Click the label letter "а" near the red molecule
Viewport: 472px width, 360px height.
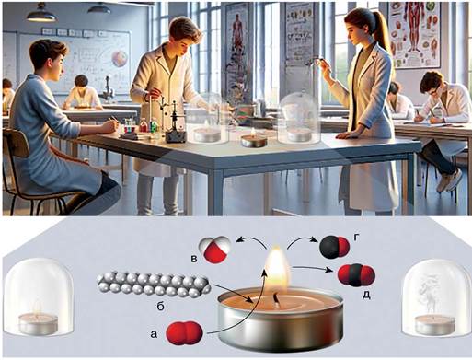coord(154,334)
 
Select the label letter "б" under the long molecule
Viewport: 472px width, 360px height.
coord(161,306)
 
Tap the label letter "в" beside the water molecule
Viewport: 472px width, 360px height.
coord(194,260)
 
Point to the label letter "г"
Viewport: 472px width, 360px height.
coord(355,238)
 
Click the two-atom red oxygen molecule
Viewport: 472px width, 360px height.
coord(184,333)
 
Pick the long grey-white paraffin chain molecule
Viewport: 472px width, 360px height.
coord(154,285)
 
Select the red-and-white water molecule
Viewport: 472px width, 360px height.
coord(213,250)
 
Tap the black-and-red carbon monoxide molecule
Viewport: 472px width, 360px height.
coord(334,247)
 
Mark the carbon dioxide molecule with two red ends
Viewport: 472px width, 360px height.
coord(356,275)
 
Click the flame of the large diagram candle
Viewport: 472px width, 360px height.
coord(278,271)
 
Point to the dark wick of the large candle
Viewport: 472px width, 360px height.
coord(276,300)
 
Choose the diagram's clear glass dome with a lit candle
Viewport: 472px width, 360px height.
coord(38,297)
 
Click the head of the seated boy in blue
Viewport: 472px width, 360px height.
coord(49,60)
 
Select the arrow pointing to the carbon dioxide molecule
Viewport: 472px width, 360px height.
coord(312,269)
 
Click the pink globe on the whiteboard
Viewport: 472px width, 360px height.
coord(120,59)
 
